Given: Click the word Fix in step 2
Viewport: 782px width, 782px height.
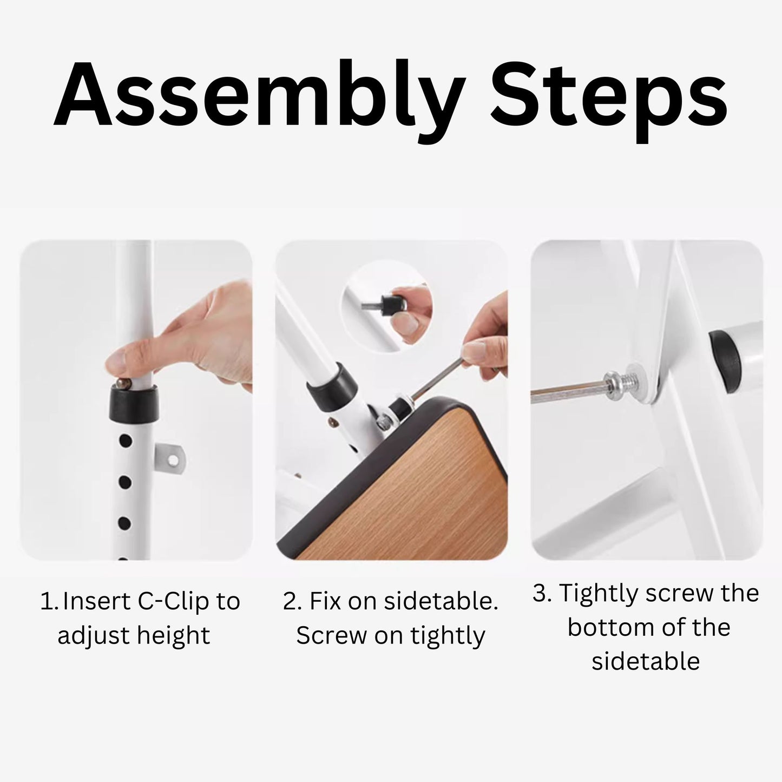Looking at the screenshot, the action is (324, 601).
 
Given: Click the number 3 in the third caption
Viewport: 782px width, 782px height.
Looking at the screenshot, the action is (540, 593).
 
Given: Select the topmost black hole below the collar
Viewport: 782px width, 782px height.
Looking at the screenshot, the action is (126, 441).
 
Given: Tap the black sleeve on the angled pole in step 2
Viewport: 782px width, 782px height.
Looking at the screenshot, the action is (332, 387).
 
